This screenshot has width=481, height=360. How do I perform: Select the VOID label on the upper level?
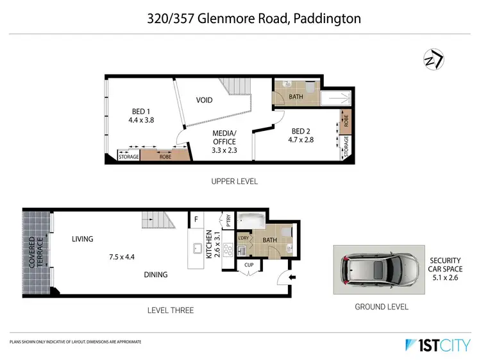pyautogui.click(x=204, y=101)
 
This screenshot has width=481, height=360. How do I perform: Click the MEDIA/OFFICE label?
pyautogui.click(x=224, y=137)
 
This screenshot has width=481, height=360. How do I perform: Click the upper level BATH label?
pyautogui.click(x=296, y=97)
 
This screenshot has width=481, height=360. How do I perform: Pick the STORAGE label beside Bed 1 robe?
pyautogui.click(x=128, y=157)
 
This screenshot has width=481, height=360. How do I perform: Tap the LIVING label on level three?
pyautogui.click(x=83, y=239)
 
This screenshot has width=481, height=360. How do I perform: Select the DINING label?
pyautogui.click(x=155, y=275)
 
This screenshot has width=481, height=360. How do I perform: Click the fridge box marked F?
pyautogui.click(x=195, y=219)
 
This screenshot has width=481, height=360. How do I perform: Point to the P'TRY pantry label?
pyautogui.click(x=228, y=220)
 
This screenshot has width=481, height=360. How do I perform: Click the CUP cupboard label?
pyautogui.click(x=249, y=265)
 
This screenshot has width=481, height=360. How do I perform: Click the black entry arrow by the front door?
pyautogui.click(x=293, y=277)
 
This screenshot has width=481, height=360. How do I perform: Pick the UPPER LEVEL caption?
pyautogui.click(x=234, y=182)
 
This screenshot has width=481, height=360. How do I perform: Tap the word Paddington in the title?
pyautogui.click(x=327, y=18)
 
